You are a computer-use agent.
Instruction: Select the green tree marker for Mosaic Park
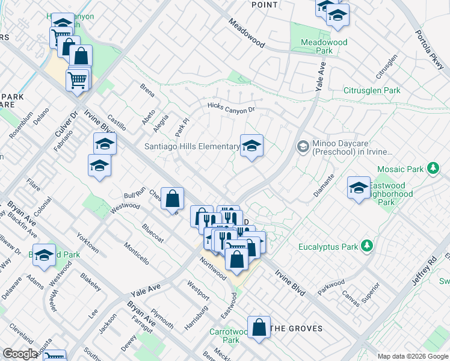433,168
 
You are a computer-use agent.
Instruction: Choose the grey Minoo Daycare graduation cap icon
303,147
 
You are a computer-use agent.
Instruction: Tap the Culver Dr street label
73,122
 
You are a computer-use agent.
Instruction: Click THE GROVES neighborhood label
296,329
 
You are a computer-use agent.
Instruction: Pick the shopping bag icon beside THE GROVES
259,328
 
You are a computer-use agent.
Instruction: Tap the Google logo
20,354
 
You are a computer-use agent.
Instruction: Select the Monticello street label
137,253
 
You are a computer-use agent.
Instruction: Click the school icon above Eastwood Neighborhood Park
359,187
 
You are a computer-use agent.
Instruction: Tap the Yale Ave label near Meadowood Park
320,79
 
